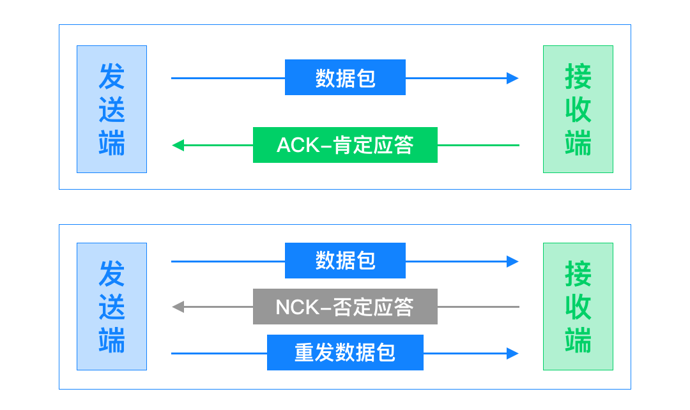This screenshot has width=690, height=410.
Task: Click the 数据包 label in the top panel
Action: click(x=345, y=77)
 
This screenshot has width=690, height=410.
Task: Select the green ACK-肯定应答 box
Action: click(x=345, y=145)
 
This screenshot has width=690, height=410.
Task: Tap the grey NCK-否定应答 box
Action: click(x=345, y=307)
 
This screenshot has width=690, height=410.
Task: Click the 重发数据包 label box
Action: click(x=345, y=353)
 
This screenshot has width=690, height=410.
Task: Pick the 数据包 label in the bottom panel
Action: click(x=345, y=261)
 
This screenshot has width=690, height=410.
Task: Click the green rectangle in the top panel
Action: click(x=578, y=109)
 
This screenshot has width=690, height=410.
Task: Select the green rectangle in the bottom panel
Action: click(x=578, y=307)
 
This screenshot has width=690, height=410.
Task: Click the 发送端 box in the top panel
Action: click(x=112, y=109)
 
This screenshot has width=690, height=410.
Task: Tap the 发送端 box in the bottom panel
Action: click(x=112, y=307)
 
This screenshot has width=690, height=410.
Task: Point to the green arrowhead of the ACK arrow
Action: click(x=178, y=145)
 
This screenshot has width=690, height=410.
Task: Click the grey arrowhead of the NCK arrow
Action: click(x=178, y=307)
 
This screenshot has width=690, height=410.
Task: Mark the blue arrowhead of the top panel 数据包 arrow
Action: click(x=512, y=78)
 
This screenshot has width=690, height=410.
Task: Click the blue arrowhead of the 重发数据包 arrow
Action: click(x=512, y=353)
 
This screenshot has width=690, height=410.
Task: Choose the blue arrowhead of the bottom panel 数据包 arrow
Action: click(x=512, y=261)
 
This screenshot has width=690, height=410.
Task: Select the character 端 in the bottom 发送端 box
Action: click(x=112, y=340)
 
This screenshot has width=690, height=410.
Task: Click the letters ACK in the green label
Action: click(x=298, y=145)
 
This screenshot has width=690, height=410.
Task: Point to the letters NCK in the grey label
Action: click(x=297, y=307)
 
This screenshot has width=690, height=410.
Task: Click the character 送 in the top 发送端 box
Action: click(x=112, y=110)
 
